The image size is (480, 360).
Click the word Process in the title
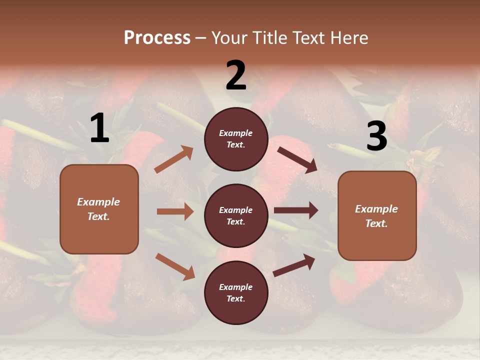click(157, 38)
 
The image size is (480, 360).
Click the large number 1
click(99, 128)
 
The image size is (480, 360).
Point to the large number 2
click(236, 76)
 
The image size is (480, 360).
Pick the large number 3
click(376, 136)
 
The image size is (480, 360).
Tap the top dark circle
click(236, 138)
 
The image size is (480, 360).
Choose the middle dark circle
click(236, 215)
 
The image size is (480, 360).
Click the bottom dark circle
click(236, 292)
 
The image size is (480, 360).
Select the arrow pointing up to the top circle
click(174, 159)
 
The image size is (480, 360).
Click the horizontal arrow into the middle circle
click(175, 211)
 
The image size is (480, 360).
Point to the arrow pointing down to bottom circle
click(175, 266)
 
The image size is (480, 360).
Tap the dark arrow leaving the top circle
click(297, 160)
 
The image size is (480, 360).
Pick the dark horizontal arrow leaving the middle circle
click(296, 210)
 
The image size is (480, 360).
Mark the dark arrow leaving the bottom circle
click(294, 265)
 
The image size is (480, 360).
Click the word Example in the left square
click(98, 202)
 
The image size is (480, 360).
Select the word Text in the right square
click(376, 223)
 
